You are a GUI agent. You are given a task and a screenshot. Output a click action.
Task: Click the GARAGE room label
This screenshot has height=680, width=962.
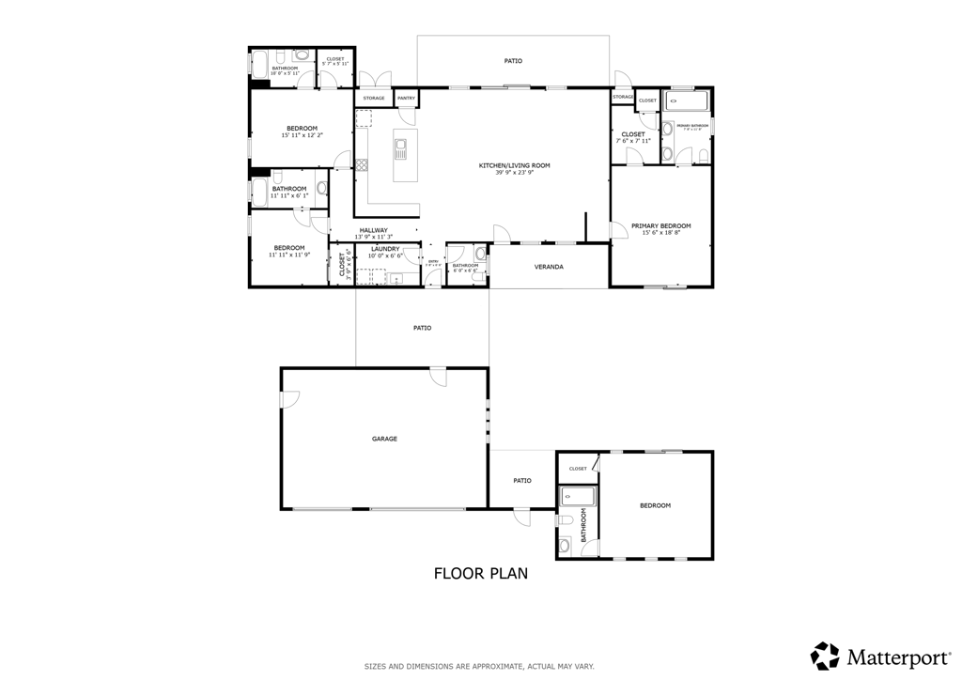click(384, 439)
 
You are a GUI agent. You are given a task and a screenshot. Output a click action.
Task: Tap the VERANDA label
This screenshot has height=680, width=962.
click(549, 267)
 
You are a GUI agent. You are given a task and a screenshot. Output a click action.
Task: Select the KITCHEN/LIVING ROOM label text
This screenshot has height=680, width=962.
click(514, 165)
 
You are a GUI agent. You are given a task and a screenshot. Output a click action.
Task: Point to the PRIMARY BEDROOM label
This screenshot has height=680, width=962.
click(660, 225)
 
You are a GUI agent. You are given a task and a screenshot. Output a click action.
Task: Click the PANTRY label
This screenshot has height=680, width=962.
click(406, 98)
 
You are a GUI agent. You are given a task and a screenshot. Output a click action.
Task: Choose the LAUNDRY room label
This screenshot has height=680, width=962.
click(385, 249)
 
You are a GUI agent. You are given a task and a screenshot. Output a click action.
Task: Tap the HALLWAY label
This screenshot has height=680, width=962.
click(373, 230)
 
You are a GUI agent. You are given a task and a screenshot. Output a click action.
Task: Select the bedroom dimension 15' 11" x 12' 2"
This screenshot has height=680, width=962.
click(302, 135)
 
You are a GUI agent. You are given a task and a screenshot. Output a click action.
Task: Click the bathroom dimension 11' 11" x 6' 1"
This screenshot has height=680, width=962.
click(289, 195)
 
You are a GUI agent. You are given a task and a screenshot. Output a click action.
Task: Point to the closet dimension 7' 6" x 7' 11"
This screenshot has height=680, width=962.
click(633, 141)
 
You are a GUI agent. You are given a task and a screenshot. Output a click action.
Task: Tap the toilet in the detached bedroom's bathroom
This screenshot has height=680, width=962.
click(565, 520)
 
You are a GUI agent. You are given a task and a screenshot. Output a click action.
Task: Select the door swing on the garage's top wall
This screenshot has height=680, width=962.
click(438, 376)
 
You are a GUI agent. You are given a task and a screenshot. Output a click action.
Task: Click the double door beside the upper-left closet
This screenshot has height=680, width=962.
click(373, 80)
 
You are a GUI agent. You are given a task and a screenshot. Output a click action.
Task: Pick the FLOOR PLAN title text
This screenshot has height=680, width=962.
click(480, 572)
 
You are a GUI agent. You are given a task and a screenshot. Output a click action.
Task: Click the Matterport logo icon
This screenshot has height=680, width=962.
click(825, 655)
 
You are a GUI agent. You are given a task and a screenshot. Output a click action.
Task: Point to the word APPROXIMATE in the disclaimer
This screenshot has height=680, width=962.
click(480, 666)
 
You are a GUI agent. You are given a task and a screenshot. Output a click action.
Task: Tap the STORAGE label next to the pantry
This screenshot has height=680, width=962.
click(373, 98)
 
